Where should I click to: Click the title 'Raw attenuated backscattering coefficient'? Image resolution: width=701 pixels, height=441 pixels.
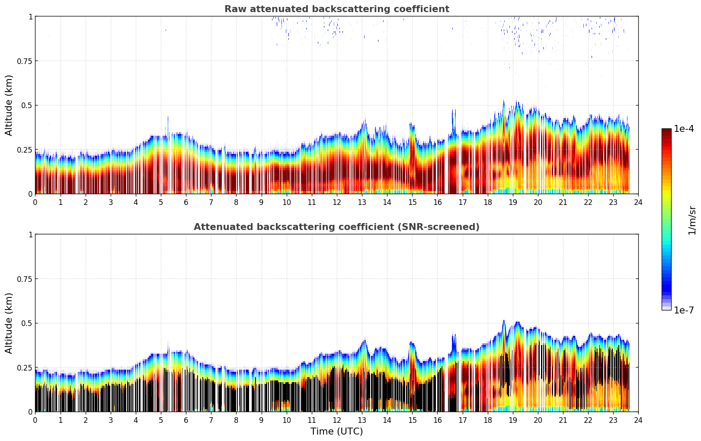[x=336, y=9]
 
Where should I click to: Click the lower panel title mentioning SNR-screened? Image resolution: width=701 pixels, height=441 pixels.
[x=336, y=227]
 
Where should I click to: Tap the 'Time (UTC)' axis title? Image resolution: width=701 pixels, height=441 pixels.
[x=336, y=431]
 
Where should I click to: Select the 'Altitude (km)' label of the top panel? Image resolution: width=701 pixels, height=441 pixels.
[x=9, y=105]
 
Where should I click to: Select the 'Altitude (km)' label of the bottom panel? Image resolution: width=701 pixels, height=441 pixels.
[x=9, y=323]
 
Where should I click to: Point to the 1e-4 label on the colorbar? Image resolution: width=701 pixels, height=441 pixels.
[x=684, y=129]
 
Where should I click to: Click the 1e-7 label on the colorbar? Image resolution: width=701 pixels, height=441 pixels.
[x=684, y=310]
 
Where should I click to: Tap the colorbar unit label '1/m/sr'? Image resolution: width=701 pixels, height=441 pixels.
[x=692, y=220]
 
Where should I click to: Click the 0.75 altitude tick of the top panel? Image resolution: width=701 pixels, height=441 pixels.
[x=25, y=61]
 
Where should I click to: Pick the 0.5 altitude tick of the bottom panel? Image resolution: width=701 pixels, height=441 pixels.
[x=27, y=323]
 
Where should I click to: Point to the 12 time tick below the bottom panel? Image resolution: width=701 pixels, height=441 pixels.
[x=337, y=420]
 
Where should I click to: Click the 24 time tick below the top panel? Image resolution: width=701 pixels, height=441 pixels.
[x=638, y=202]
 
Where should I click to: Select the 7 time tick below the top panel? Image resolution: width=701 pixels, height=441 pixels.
[x=211, y=202]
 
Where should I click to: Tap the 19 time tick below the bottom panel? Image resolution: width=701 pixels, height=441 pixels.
[x=513, y=420]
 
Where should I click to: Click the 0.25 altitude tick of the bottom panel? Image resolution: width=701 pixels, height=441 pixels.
[x=25, y=367]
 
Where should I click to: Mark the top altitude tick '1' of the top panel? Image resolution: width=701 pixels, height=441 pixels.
[x=30, y=16]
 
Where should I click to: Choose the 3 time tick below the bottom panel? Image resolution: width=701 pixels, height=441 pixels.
[x=111, y=420]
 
